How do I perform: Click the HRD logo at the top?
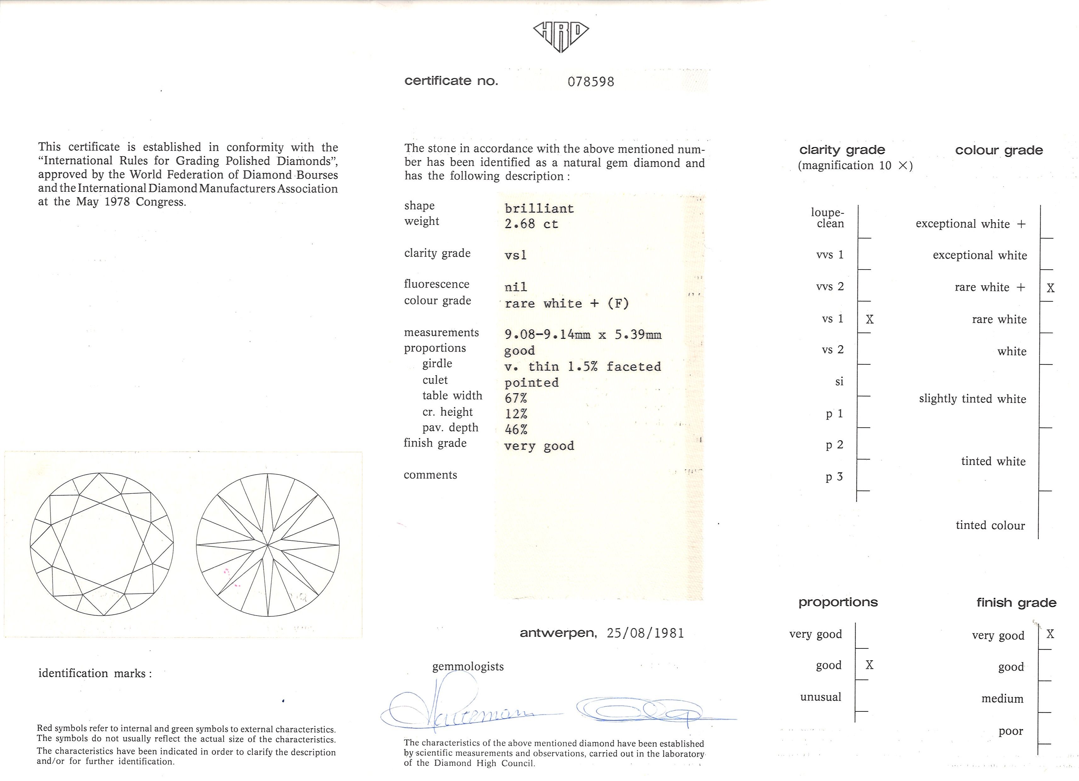[x=561, y=36]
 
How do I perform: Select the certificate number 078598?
[x=590, y=82]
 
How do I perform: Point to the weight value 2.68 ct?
[x=531, y=224]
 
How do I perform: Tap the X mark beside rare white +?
[x=1050, y=288]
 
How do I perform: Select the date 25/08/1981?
[x=645, y=633]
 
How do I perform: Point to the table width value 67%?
[x=516, y=398]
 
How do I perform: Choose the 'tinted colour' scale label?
[x=990, y=525]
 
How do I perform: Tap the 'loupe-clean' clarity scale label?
[x=828, y=218]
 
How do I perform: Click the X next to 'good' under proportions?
[x=869, y=665]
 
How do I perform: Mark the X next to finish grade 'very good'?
[x=1050, y=634]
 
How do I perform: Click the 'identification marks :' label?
[x=95, y=673]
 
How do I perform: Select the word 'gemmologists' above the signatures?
[x=468, y=666]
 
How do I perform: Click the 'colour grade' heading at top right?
[x=999, y=151]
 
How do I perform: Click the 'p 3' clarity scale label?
[x=834, y=477]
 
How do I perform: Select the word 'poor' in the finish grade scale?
[x=1010, y=731]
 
